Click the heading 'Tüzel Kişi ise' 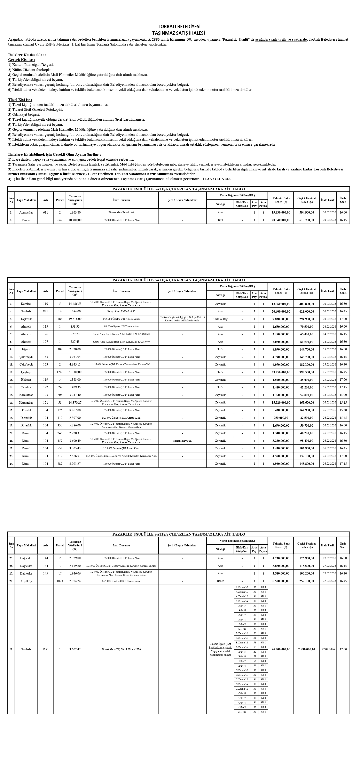pos(20,100)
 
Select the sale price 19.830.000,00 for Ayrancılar pos(281,212)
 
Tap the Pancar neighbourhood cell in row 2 pos(26,220)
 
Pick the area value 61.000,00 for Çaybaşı pos(75,372)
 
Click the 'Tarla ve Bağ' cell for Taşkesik pos(220,319)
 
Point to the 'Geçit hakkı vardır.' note pos(182,441)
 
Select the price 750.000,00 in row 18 pos(281,418)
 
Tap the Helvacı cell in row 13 pos(26,380)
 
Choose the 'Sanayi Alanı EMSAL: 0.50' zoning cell pos(121,311)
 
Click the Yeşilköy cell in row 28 pos(26,581)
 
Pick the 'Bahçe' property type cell pos(220,581)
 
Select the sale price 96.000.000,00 pos(281,649)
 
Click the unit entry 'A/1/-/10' pos(242,628)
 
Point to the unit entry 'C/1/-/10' pos(242,712)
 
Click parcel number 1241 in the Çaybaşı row pos(60,372)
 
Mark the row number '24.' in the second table pos(11,464)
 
